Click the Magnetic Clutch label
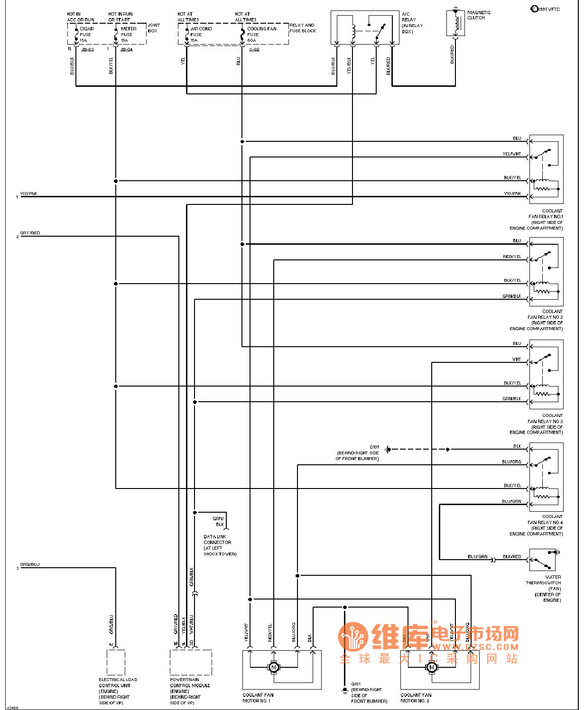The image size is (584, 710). pos(479,15)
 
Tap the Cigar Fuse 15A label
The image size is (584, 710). pos(86,34)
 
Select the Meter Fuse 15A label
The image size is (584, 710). pos(128,34)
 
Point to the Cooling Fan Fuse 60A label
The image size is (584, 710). pos(261,34)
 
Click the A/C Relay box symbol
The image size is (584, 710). pos(365,28)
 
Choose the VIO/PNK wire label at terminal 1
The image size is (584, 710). pos(28,194)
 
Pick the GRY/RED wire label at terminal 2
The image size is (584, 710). pos(30,233)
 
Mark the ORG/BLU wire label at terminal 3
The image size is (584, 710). pos(30,564)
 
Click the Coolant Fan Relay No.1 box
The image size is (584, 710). pos(546,169)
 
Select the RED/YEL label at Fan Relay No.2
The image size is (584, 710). pos(512,257)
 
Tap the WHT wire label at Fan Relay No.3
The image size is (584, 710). pos(516,359)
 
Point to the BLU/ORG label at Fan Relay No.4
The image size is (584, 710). pos(511,461)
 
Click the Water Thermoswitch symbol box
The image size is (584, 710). pos(542,560)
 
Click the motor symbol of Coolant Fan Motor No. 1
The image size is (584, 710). pos(273,667)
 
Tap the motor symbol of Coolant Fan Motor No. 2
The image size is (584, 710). pos(432,667)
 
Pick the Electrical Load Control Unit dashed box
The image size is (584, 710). pos(116,662)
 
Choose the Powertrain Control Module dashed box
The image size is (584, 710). pos(191,662)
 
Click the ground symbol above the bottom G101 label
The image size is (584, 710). pos(345,690)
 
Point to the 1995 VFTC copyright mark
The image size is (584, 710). pos(545,9)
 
